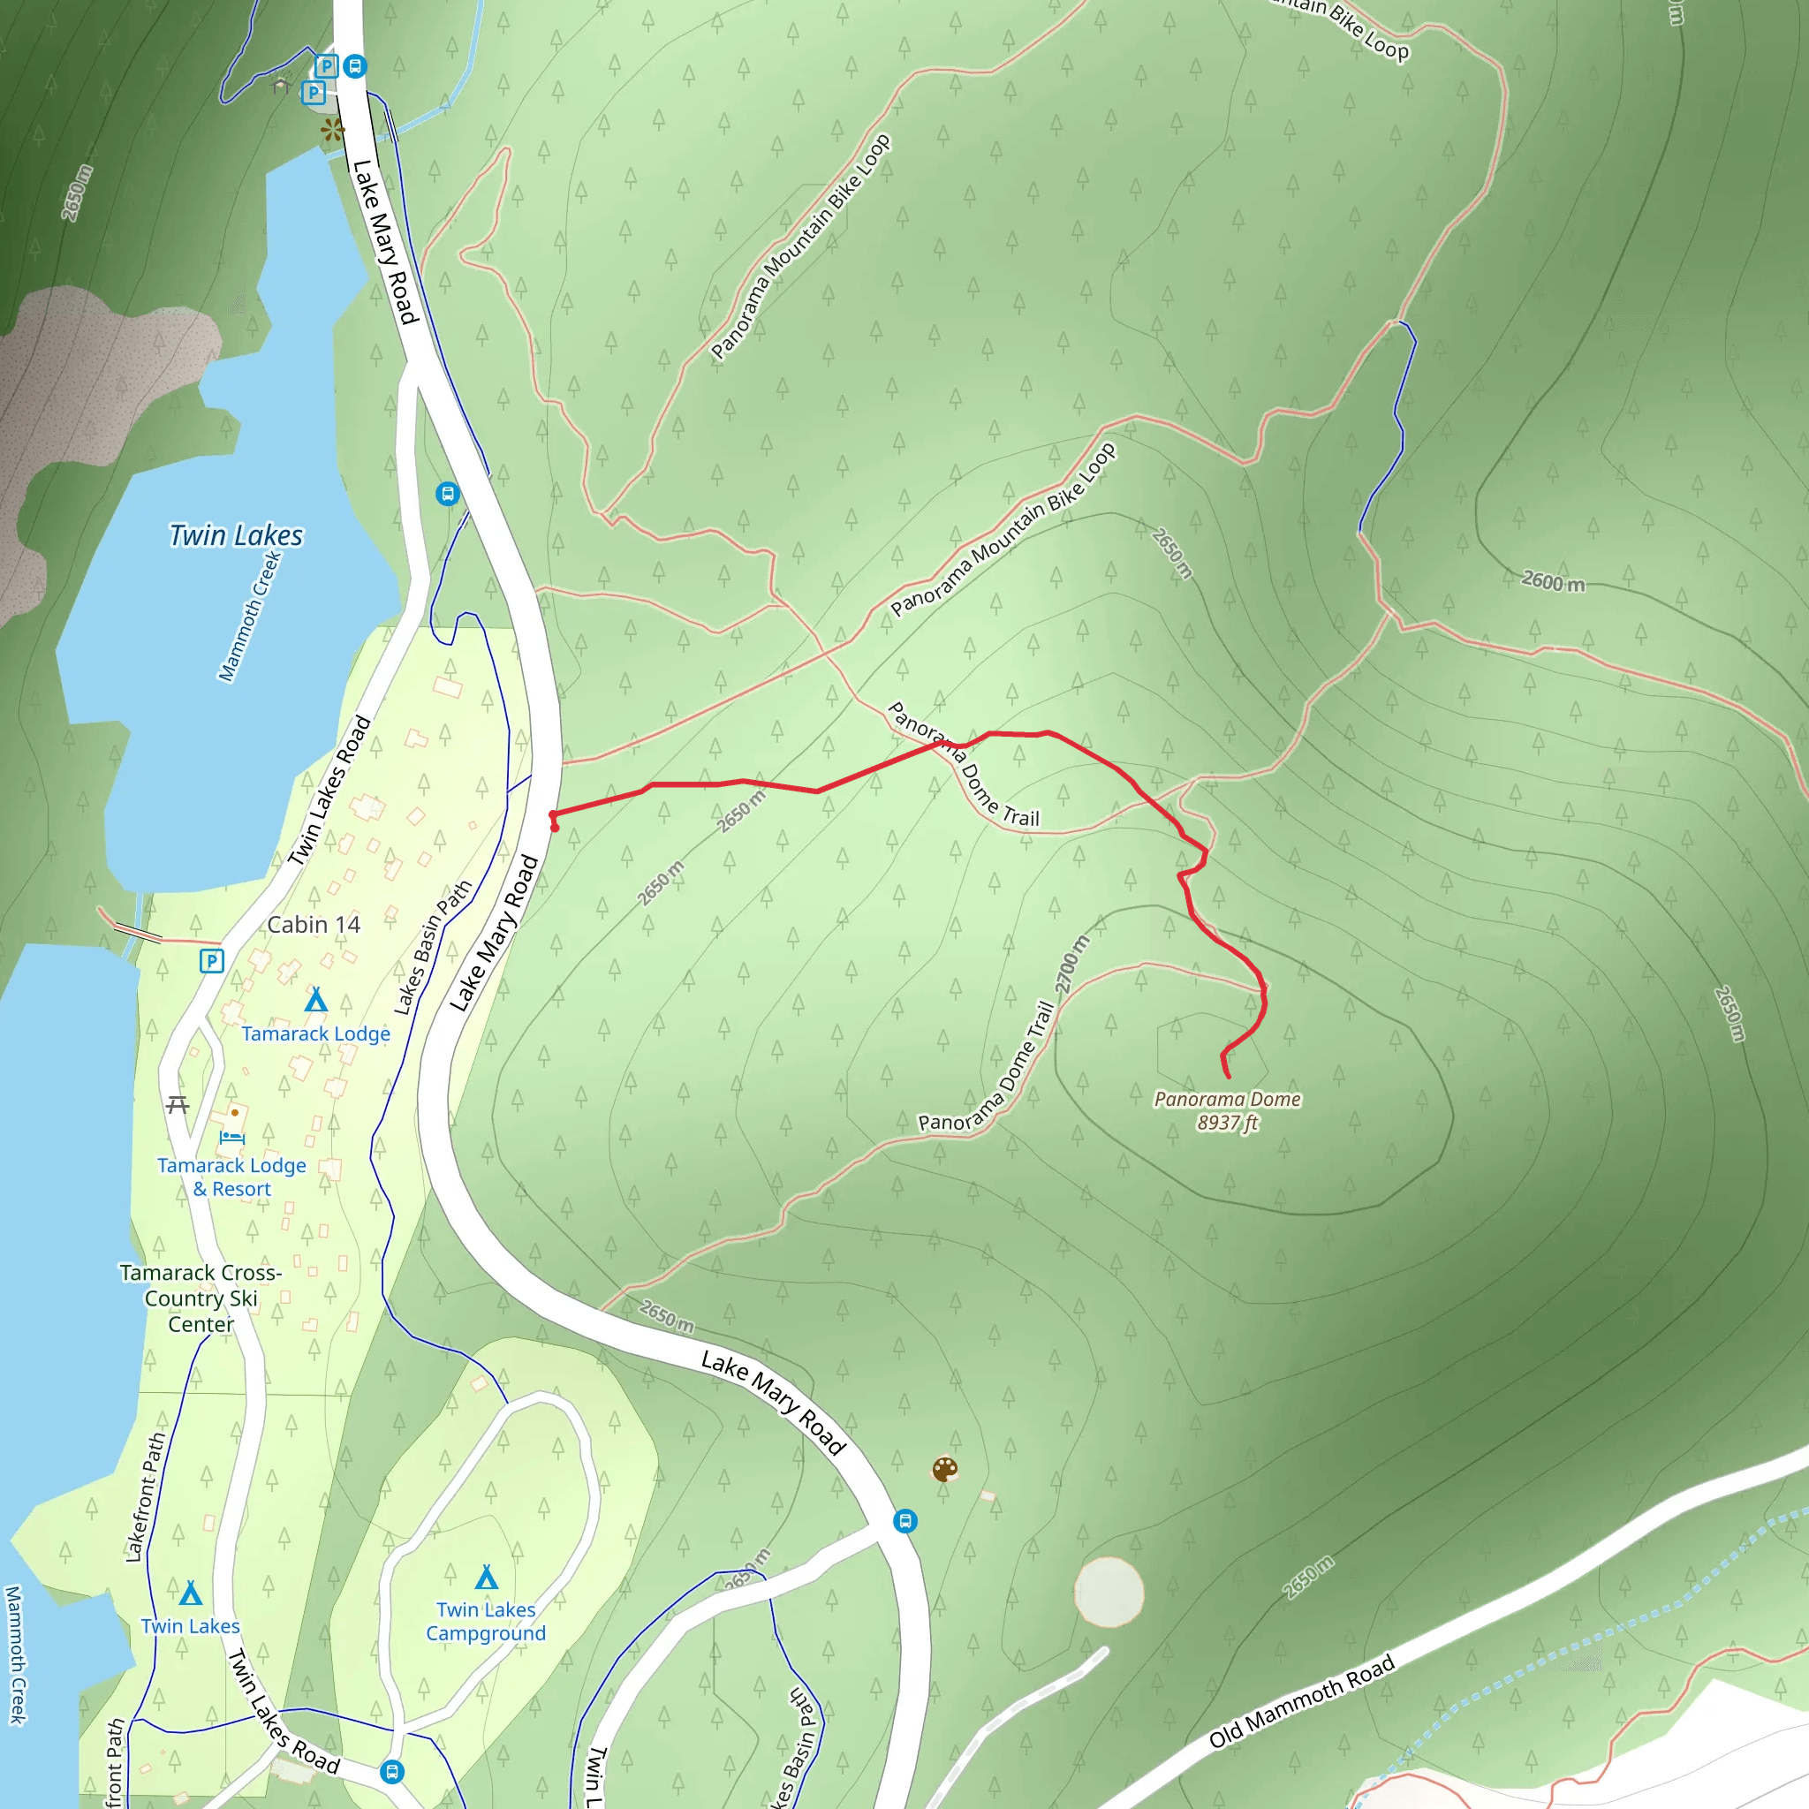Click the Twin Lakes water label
click(x=236, y=535)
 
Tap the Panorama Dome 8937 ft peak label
click(x=1227, y=1110)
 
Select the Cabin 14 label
click(x=314, y=925)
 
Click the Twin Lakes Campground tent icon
click(x=486, y=1578)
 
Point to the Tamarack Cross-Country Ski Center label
click(x=201, y=1298)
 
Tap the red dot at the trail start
click(x=556, y=828)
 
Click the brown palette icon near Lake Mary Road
click(x=945, y=1469)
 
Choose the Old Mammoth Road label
click(x=1300, y=1701)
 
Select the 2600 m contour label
click(x=1553, y=581)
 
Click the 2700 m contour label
click(x=1072, y=965)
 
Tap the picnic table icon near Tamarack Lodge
click(x=178, y=1105)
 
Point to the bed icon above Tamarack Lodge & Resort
click(x=231, y=1138)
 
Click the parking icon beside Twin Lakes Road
click(x=212, y=961)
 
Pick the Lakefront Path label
click(x=144, y=1497)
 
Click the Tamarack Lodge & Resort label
click(x=231, y=1177)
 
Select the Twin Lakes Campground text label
click(x=485, y=1621)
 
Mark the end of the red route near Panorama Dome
click(x=1228, y=1077)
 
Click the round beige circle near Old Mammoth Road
click(x=1109, y=1592)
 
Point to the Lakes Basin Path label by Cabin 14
click(x=432, y=948)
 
